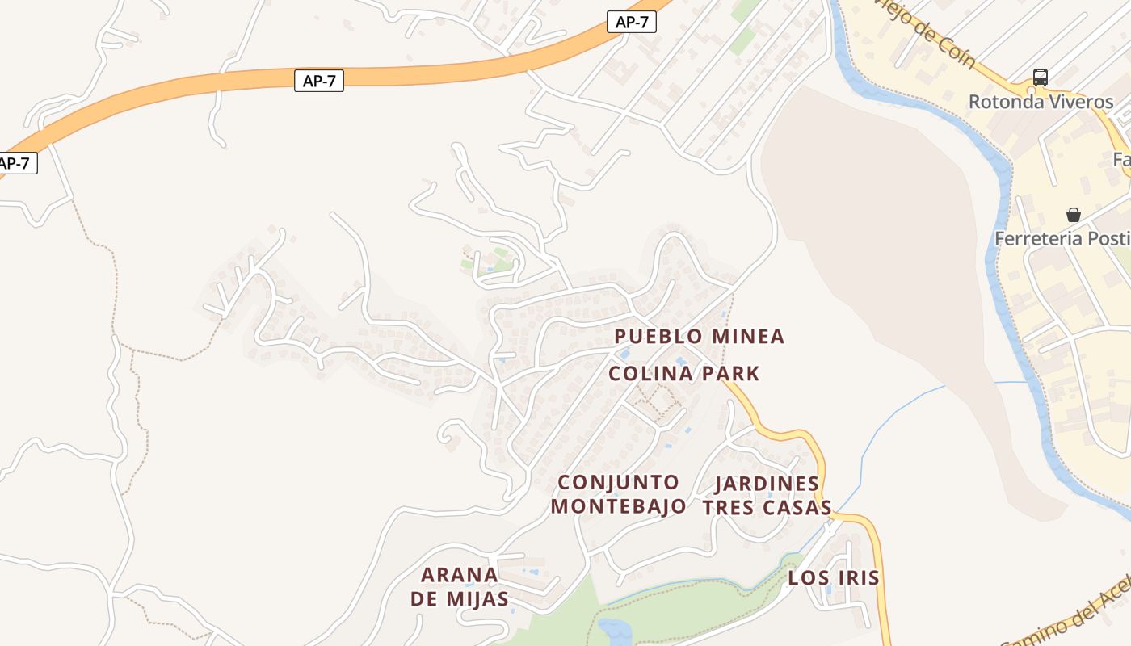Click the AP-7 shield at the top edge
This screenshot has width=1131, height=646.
(631, 22)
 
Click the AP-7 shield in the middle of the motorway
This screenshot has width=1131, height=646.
(319, 81)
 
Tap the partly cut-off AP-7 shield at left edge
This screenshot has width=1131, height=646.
(15, 163)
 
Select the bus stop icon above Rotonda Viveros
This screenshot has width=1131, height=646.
(1041, 78)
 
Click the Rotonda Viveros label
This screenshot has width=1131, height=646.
(1041, 102)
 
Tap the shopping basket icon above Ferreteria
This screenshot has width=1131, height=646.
(1074, 215)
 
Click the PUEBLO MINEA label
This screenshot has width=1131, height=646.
(699, 337)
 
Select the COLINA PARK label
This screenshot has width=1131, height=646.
(683, 374)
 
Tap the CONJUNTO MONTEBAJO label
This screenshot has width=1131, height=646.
(622, 494)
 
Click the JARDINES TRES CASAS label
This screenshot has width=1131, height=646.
(767, 495)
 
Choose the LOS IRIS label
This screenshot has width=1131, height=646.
(833, 578)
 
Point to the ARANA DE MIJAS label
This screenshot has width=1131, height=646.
(460, 587)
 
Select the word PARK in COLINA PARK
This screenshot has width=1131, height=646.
(730, 374)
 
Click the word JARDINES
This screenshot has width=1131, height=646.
(767, 484)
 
